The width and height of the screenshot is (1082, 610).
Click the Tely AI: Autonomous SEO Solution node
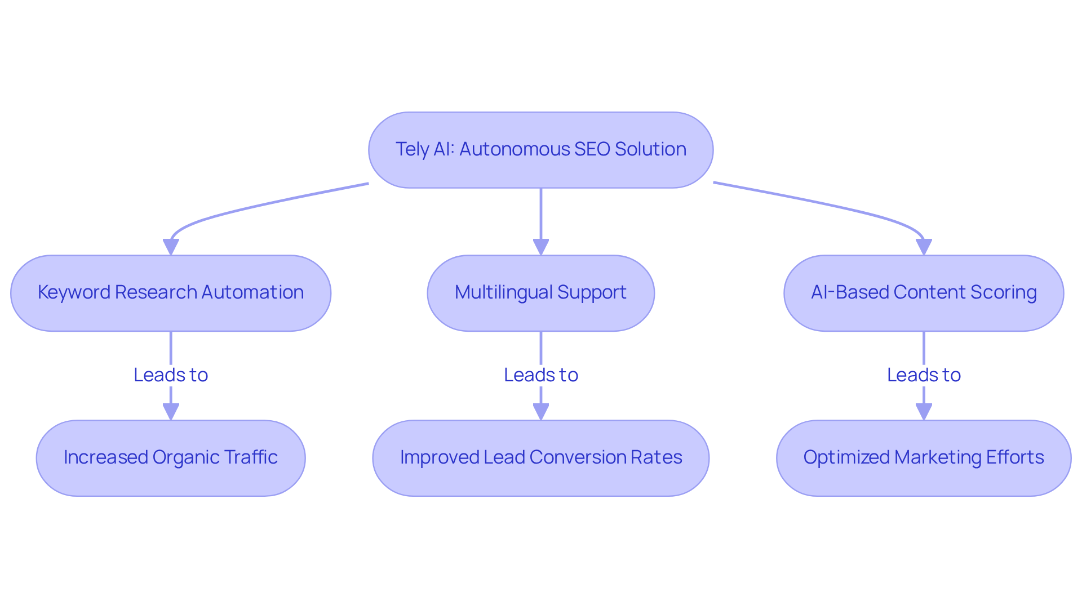[540, 150]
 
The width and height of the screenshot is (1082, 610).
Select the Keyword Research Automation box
[171, 293]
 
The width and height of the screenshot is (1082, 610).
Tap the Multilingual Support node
[540, 293]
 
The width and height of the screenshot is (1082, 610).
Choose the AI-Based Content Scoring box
[924, 293]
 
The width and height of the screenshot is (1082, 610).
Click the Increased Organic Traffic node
[171, 458]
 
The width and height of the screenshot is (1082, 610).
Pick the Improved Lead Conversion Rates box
[540, 458]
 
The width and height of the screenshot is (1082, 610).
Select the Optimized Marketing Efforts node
[924, 458]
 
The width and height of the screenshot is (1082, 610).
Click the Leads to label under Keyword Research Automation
[171, 375]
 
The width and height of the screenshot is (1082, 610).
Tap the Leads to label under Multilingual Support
[540, 375]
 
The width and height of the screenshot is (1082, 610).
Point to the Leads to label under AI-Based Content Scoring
[924, 375]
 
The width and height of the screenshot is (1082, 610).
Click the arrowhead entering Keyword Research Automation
[171, 247]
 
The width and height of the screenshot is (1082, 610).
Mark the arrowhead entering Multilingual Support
[540, 247]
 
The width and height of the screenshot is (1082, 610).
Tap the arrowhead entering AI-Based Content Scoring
[924, 247]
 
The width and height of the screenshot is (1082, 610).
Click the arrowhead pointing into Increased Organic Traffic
[171, 412]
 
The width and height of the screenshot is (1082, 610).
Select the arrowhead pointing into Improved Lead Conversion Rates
[540, 412]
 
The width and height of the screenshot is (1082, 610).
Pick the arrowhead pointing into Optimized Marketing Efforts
[924, 412]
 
